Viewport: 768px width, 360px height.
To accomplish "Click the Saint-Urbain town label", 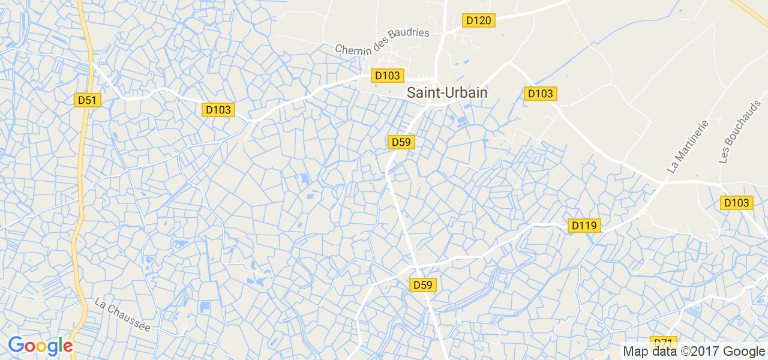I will tap(447, 93).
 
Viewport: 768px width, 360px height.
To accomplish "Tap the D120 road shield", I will tap(478, 20).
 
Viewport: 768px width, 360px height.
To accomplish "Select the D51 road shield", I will tap(88, 100).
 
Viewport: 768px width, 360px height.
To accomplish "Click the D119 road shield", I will tap(584, 226).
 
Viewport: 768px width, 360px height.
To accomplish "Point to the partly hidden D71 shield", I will tap(663, 341).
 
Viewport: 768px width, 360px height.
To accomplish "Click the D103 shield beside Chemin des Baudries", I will tap(388, 76).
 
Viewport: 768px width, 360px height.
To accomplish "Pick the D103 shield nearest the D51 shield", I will tap(218, 110).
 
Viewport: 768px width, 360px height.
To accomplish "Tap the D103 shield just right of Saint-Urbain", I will tap(540, 94).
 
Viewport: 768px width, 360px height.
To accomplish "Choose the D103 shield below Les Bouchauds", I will tap(736, 203).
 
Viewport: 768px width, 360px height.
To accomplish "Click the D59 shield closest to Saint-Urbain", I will tap(401, 142).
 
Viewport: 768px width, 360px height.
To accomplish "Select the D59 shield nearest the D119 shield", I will tap(423, 285).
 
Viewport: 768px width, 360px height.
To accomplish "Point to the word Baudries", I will tap(410, 32).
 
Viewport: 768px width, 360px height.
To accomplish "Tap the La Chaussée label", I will tap(122, 316).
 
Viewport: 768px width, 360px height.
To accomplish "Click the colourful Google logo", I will tap(40, 346).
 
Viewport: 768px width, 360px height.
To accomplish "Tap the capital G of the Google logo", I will tap(16, 345).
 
